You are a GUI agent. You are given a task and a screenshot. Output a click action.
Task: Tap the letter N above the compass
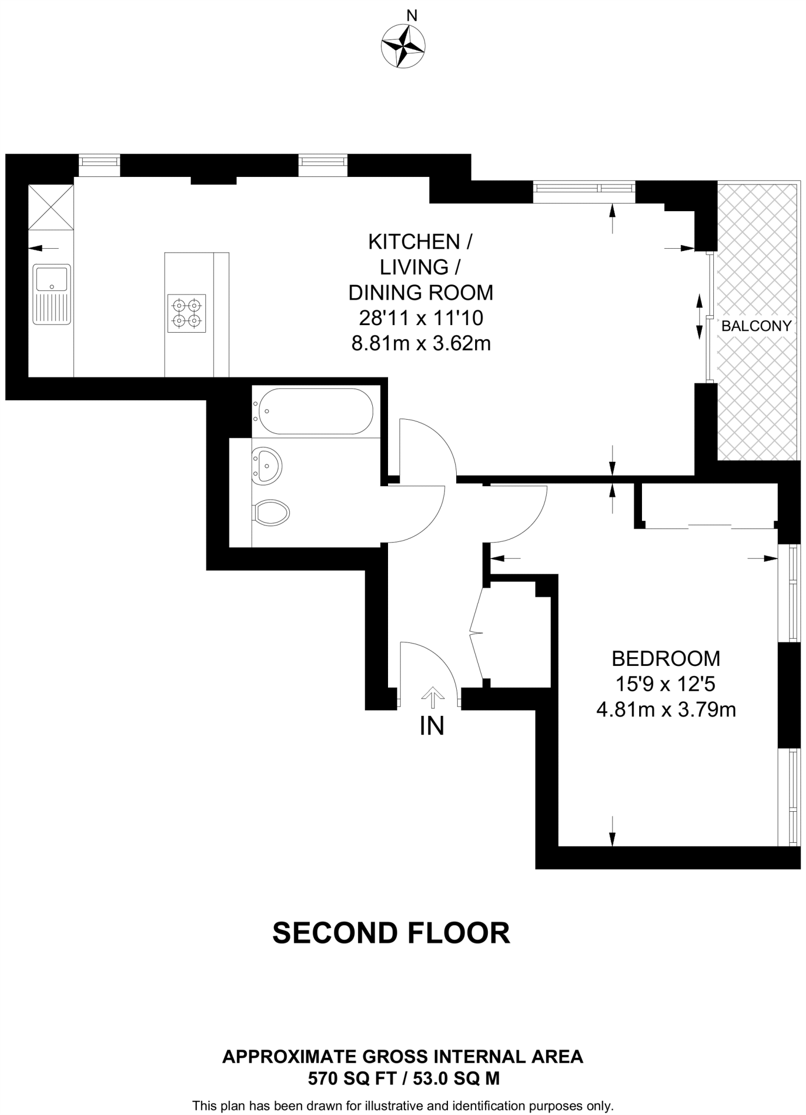[x=412, y=16]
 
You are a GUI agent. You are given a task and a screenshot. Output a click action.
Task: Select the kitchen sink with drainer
[x=51, y=294]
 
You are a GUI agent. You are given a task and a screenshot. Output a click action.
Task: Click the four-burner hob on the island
[x=187, y=313]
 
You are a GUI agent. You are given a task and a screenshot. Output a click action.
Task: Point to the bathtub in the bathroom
[x=316, y=411]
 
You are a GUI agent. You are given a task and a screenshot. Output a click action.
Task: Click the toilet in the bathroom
[x=271, y=513]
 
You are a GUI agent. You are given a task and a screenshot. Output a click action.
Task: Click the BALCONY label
[x=756, y=326]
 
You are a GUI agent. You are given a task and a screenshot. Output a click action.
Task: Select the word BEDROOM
[x=665, y=659]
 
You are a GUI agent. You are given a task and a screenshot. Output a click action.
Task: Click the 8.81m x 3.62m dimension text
[x=421, y=344]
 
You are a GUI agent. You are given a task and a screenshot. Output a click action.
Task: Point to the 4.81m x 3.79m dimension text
[x=666, y=710]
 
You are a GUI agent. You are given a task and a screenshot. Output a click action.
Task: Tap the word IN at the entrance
[x=432, y=726]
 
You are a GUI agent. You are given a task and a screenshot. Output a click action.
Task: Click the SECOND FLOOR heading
[x=391, y=933]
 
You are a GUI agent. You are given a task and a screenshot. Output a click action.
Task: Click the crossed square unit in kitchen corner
[x=50, y=207]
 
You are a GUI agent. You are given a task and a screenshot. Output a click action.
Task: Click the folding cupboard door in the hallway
[x=476, y=633]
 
